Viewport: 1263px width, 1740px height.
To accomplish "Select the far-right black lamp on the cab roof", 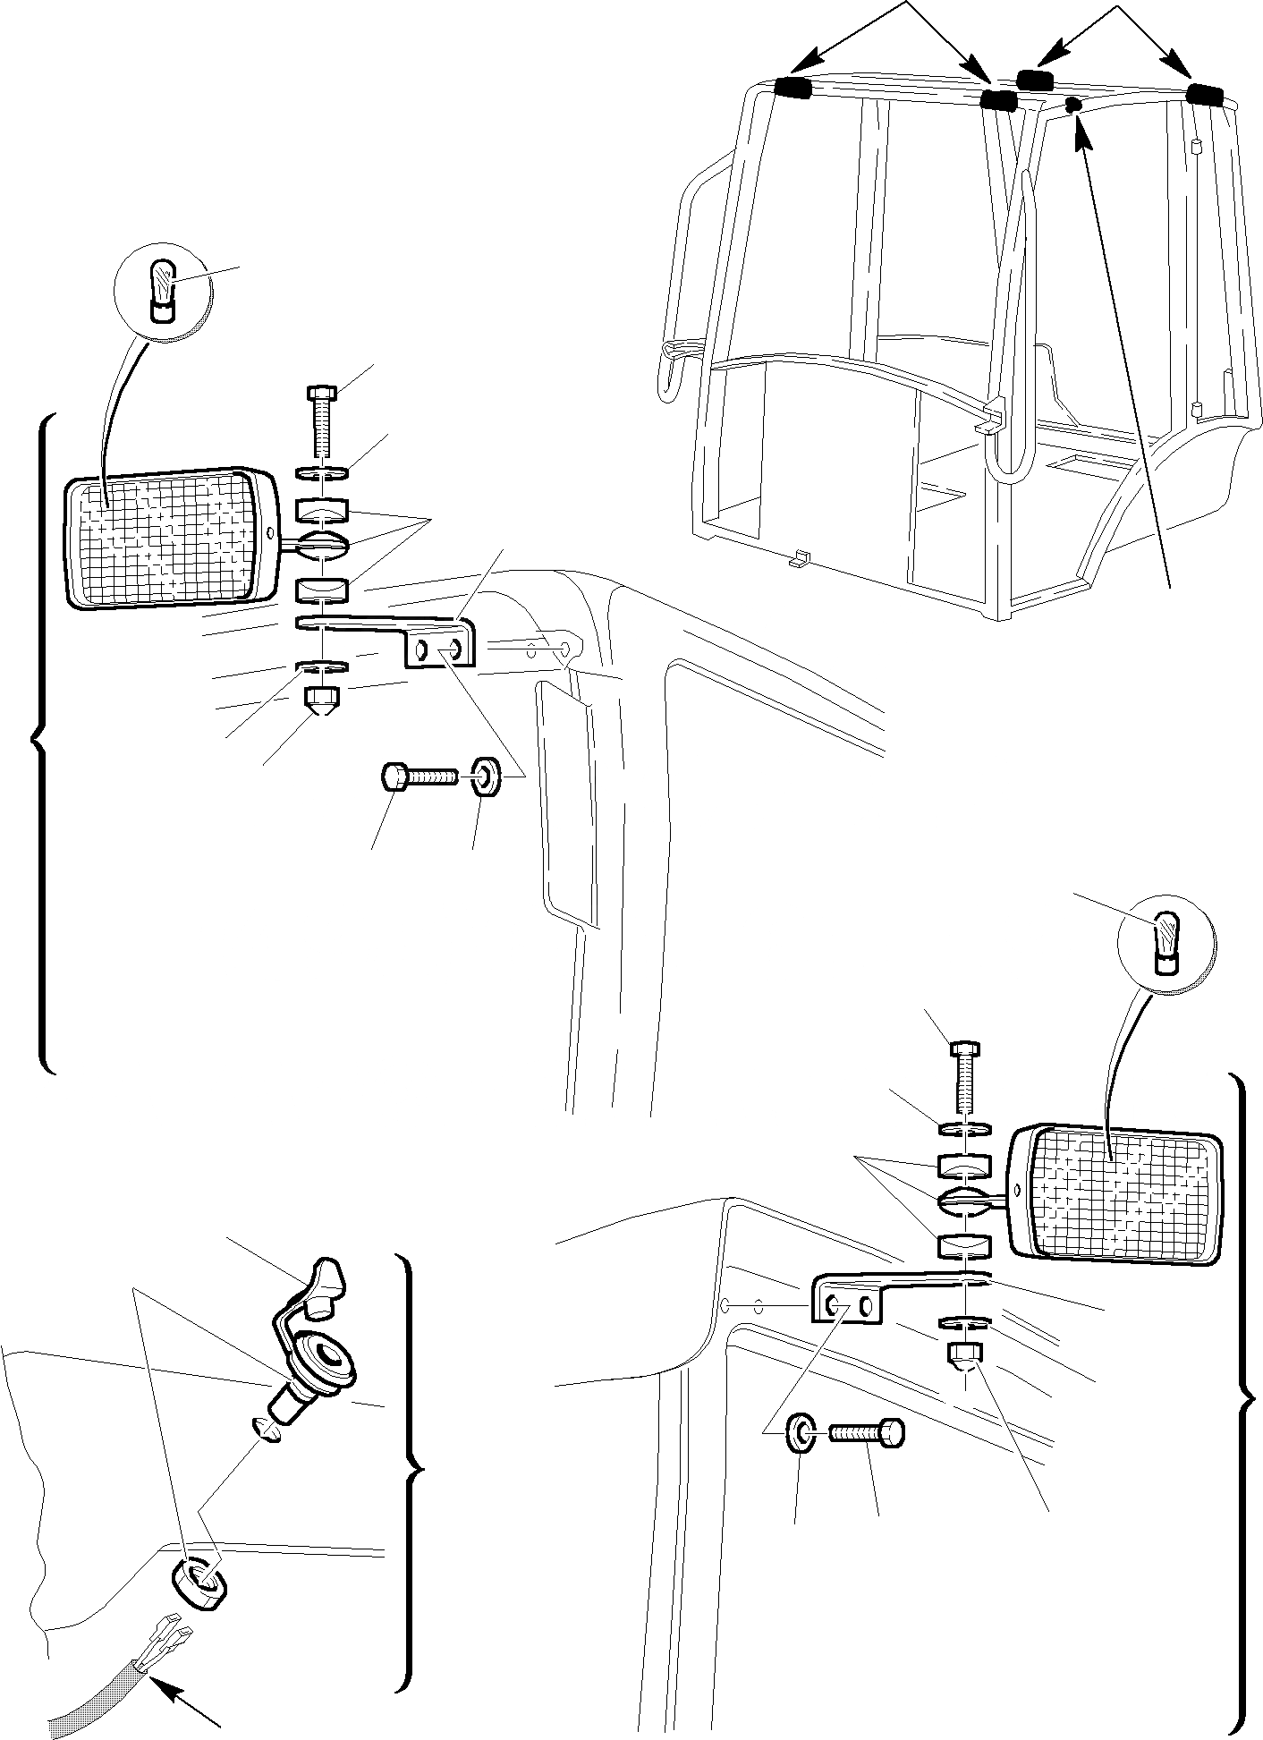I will pos(1205,94).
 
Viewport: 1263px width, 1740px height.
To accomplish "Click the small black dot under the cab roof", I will pos(1074,105).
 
